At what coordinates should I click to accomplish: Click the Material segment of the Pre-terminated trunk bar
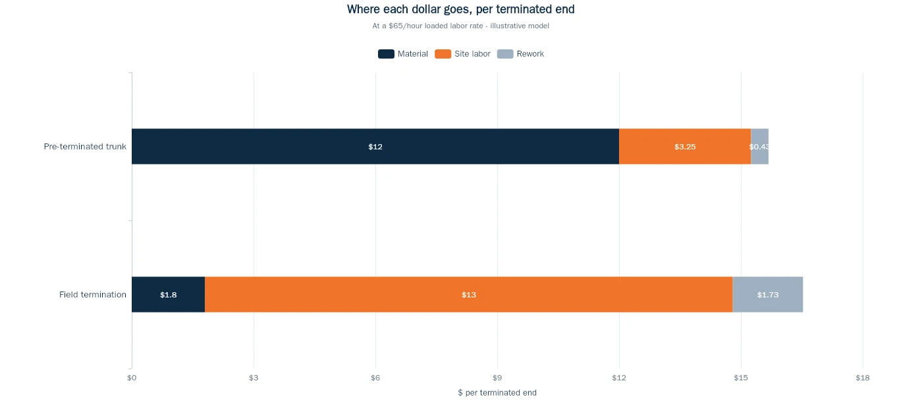tap(375, 146)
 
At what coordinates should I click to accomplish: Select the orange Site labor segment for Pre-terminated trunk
tap(685, 146)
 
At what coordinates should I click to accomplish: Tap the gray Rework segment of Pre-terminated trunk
tap(760, 146)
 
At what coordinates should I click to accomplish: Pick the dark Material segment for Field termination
tap(169, 295)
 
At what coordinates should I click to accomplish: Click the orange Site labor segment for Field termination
tap(469, 295)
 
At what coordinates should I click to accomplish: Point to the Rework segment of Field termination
tap(768, 295)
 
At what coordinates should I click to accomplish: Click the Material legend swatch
tap(386, 54)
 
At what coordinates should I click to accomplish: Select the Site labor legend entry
tap(462, 54)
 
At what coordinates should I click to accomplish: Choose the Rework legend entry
tap(520, 54)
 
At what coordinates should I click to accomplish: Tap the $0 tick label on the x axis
tap(132, 378)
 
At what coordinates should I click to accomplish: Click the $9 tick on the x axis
tap(497, 378)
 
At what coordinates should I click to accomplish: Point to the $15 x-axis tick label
tap(741, 378)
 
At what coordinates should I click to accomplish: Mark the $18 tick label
tap(863, 378)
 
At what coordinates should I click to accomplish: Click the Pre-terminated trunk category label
tap(85, 146)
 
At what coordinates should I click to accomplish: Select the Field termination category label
tap(93, 295)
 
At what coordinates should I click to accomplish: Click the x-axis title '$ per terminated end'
tap(497, 393)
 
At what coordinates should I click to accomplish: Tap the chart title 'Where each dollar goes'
tap(460, 9)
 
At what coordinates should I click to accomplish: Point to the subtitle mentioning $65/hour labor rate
tap(460, 26)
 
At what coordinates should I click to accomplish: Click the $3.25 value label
tap(685, 147)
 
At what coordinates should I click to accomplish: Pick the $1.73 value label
tap(768, 295)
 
